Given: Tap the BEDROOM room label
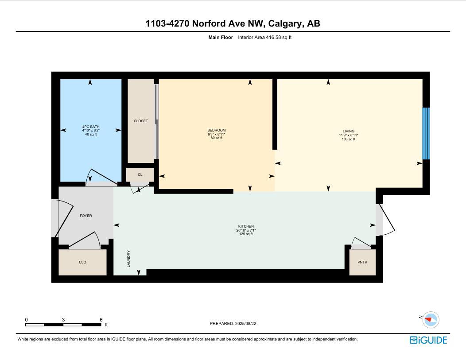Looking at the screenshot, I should click(217, 130).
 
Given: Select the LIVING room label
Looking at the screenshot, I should click(349, 131).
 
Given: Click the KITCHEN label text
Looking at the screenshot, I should click(246, 226).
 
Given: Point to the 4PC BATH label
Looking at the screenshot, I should click(91, 127).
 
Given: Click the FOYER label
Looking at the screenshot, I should click(86, 216).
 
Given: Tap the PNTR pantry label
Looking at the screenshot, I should click(362, 262).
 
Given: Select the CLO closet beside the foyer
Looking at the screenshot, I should click(82, 262).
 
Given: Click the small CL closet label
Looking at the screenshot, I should click(140, 174).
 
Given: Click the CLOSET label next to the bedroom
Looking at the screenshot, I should click(141, 121).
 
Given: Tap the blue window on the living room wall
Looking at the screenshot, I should click(426, 133).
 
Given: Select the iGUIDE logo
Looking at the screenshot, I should click(428, 340).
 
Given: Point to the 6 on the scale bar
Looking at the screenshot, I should click(101, 320).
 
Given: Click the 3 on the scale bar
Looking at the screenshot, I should click(63, 320).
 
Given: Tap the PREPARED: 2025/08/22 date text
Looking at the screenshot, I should click(233, 324).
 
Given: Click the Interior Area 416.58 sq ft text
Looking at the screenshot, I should click(264, 38).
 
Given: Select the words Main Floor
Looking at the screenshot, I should click(221, 38).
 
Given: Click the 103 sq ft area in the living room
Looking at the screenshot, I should click(349, 139).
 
